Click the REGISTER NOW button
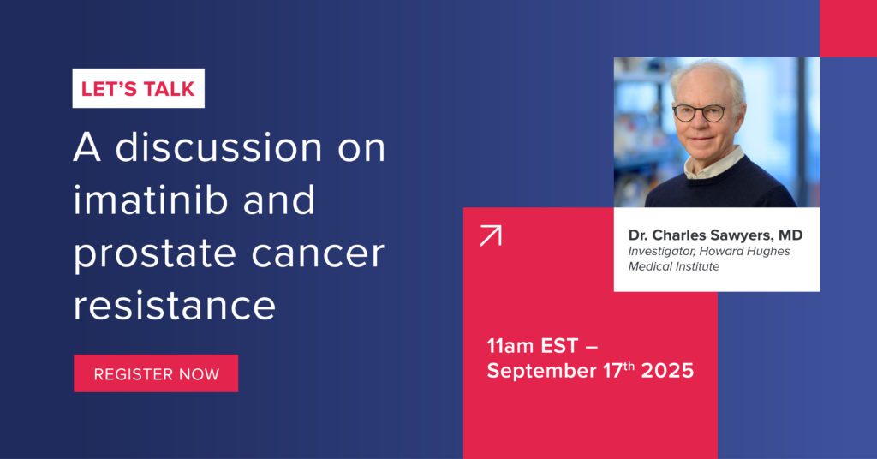pyautogui.click(x=156, y=373)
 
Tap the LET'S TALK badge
pyautogui.click(x=138, y=88)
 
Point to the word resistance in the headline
pyautogui.click(x=175, y=306)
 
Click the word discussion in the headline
pyautogui.click(x=218, y=147)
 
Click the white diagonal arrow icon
pyautogui.click(x=491, y=235)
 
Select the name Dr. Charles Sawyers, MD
pyautogui.click(x=715, y=235)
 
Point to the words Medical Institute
pyautogui.click(x=673, y=266)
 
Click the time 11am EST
pyautogui.click(x=532, y=346)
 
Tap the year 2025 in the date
pyautogui.click(x=667, y=371)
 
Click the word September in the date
pyautogui.click(x=542, y=372)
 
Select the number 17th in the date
pyautogui.click(x=619, y=370)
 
